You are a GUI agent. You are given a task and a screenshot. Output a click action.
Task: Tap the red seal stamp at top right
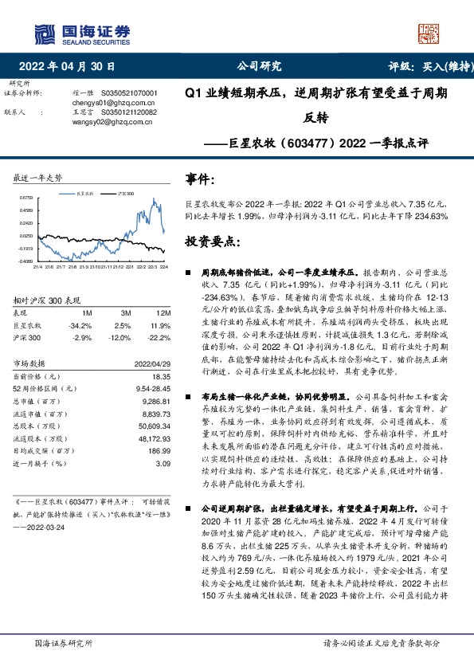tap(428, 33)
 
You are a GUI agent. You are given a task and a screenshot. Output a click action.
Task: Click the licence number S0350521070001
tap(130, 93)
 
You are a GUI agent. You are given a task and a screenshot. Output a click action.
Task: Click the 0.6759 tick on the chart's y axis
tap(25, 198)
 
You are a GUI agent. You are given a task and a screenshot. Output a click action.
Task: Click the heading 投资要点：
tap(209, 239)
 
